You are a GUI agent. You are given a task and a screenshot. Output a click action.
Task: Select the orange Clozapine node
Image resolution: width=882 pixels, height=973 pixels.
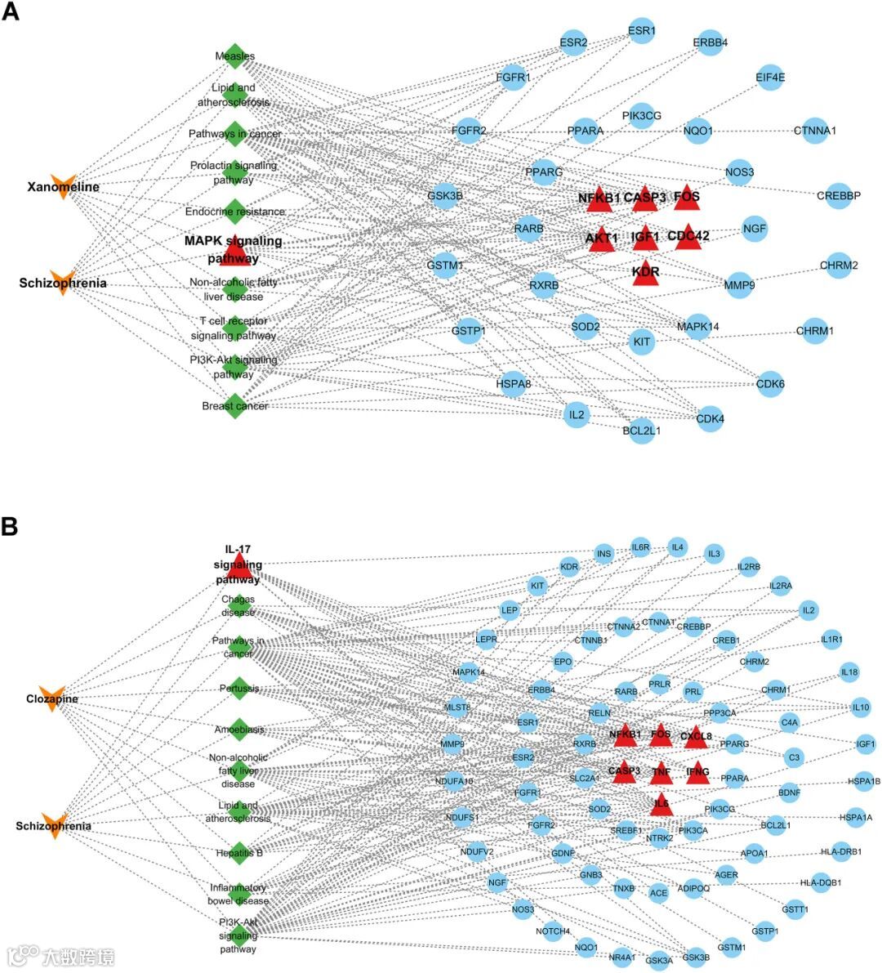(x=51, y=699)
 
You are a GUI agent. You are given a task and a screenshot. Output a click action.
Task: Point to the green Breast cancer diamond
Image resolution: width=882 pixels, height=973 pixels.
(x=235, y=405)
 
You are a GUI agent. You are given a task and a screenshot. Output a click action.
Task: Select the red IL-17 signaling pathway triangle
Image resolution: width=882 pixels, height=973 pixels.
(x=238, y=566)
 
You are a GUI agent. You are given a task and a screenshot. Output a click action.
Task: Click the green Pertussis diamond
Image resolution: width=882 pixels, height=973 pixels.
(x=238, y=688)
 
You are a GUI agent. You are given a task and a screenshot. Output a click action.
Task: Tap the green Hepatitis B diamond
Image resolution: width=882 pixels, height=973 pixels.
(x=238, y=853)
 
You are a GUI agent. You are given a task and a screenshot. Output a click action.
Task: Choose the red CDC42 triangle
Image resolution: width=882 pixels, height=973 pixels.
(x=688, y=236)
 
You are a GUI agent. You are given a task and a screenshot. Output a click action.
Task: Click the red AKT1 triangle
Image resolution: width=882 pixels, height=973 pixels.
(x=602, y=239)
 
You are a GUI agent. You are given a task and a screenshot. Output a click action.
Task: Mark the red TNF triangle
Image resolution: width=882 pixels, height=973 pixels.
(x=661, y=771)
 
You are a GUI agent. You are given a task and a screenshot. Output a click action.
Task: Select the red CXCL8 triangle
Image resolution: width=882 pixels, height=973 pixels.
(x=696, y=736)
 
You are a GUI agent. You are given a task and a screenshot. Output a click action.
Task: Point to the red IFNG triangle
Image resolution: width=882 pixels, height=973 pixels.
(x=697, y=771)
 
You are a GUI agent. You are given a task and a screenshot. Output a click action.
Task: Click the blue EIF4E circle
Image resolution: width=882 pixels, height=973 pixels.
(x=770, y=78)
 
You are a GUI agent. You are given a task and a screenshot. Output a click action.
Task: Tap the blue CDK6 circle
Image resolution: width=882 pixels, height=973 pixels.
(x=770, y=384)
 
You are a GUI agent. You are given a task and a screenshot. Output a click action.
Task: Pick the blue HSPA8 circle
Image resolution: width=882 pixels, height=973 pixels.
(x=513, y=383)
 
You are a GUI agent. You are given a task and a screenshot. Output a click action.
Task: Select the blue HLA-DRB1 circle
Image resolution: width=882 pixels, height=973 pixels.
(x=841, y=852)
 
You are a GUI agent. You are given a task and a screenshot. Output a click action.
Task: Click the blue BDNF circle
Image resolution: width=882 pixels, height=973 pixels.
(x=789, y=792)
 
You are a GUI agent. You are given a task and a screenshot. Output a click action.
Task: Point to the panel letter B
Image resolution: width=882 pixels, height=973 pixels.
(x=10, y=527)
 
